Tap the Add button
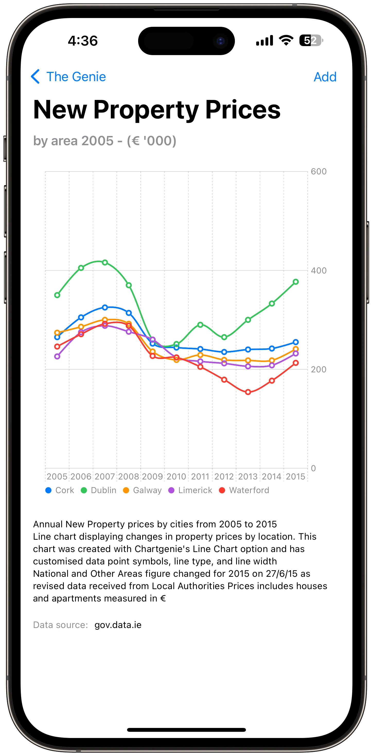coord(325,77)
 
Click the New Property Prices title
coord(157,109)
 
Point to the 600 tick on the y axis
coord(318,171)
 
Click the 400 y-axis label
coord(318,270)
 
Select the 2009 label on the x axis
coord(153,476)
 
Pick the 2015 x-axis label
coord(296,476)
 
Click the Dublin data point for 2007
coord(105,262)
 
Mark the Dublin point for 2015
coord(296,282)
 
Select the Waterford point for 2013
coord(248,392)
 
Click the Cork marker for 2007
coord(105,307)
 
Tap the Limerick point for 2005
coord(57,356)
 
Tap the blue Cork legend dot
coord(48,490)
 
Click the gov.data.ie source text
coord(118,625)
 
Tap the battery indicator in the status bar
coord(311,40)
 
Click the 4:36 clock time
coord(83,40)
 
